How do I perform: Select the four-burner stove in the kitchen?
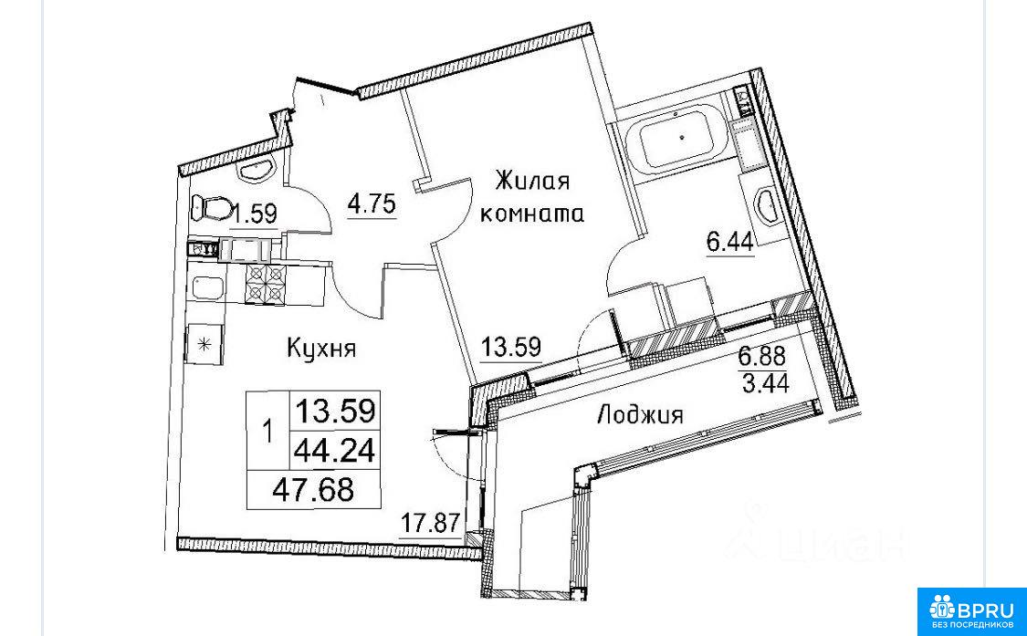tap(266, 285)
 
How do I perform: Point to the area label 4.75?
tap(372, 204)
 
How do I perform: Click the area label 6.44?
tap(729, 243)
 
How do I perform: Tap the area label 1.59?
tap(257, 214)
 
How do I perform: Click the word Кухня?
tap(321, 348)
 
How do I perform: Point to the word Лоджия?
tap(641, 414)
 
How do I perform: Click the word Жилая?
tap(532, 181)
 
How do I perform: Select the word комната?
tap(532, 214)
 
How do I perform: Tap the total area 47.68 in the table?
tap(314, 489)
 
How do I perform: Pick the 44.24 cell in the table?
tap(335, 451)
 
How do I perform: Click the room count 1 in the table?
tap(267, 433)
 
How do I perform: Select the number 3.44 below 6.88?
tap(765, 383)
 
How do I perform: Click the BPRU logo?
tap(972, 611)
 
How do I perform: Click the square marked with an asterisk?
tap(205, 344)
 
